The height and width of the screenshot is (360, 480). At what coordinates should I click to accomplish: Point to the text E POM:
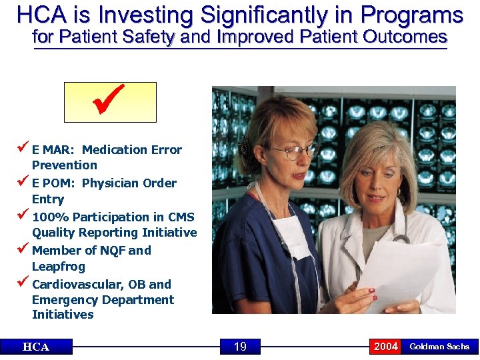coord(54,183)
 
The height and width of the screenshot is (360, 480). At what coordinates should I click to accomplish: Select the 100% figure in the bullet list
coord(50,217)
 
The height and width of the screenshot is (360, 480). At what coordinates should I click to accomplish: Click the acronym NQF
coord(107,251)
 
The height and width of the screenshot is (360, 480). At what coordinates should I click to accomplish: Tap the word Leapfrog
coord(59,267)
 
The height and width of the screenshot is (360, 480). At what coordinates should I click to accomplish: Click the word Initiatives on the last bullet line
coord(63,315)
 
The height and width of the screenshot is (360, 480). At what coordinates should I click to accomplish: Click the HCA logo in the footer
coord(36,347)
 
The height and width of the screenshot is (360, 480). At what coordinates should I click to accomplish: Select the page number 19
coord(240,347)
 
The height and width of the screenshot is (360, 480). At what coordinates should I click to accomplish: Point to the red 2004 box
coord(385,347)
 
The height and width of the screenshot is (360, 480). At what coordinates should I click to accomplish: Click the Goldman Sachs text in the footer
coord(439,347)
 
